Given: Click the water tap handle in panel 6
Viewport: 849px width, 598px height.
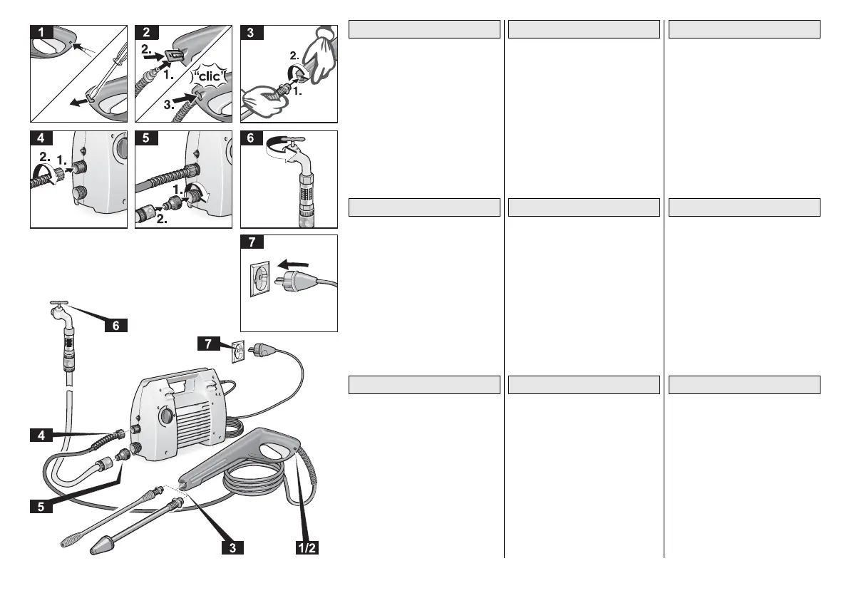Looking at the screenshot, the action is pos(293,142).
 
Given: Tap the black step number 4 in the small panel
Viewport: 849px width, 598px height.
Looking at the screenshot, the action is pos(40,139).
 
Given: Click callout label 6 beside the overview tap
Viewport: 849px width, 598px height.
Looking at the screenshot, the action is pos(116,325).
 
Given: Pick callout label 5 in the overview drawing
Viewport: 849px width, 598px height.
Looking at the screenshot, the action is pos(41,507).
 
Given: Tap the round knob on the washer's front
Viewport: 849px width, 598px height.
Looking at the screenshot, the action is pos(165,415).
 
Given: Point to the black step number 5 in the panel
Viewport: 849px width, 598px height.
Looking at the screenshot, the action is pos(145,139).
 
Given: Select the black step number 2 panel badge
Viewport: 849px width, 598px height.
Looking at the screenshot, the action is pos(145,32).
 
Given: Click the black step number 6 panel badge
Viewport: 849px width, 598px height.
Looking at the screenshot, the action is pos(251,139).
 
